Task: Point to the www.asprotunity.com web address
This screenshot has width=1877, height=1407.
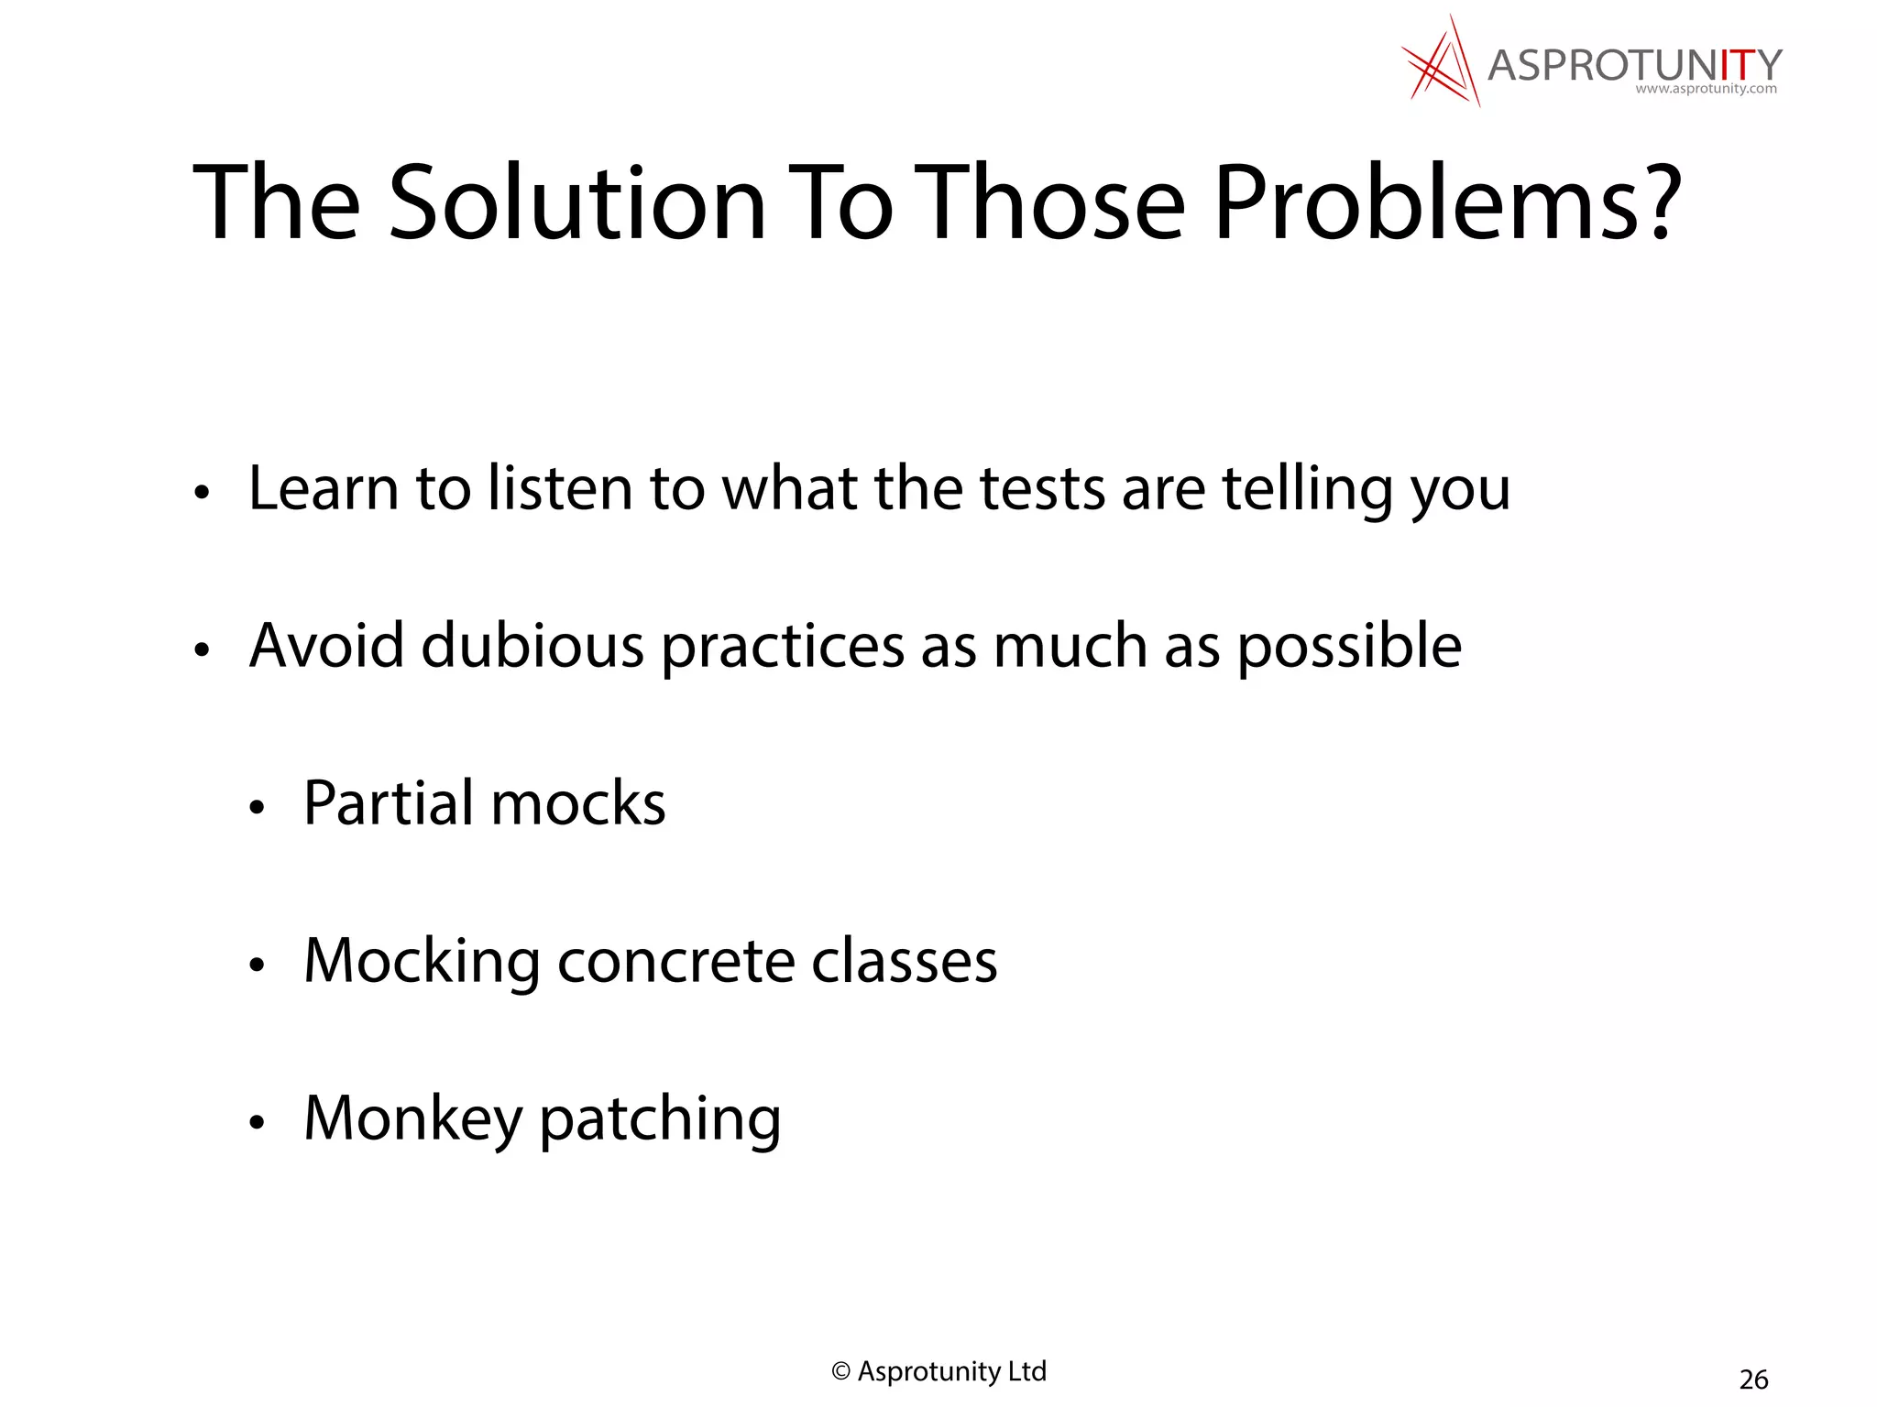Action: (1706, 89)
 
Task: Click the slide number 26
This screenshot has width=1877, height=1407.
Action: (1753, 1379)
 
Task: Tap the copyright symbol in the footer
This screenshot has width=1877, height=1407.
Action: (840, 1371)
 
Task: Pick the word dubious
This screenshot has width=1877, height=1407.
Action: (532, 645)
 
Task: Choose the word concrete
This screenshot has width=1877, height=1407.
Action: (675, 961)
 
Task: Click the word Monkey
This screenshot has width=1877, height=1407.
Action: (412, 1119)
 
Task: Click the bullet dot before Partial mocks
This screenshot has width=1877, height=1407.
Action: (257, 807)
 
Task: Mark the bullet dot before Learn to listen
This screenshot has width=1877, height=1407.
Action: (202, 492)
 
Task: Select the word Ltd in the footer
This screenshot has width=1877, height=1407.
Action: (1026, 1371)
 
